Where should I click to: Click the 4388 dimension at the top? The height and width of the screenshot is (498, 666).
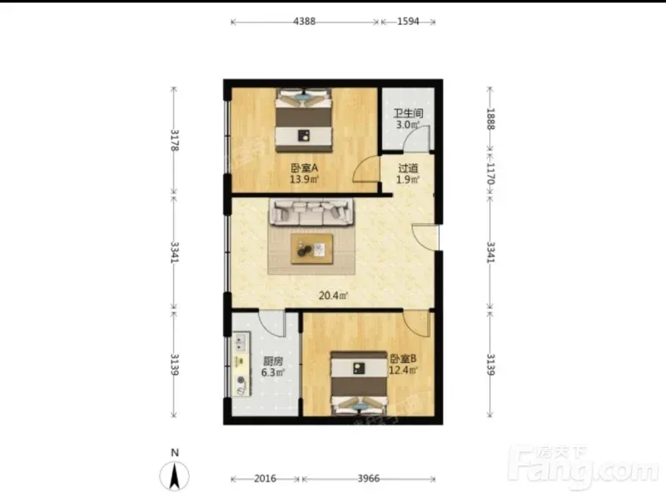click(x=304, y=22)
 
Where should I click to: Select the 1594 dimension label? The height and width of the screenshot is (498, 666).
click(x=408, y=22)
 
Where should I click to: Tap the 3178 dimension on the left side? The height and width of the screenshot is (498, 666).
click(x=174, y=140)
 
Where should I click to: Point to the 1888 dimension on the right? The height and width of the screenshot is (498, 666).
click(x=490, y=119)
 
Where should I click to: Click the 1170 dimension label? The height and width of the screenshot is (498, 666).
click(x=490, y=174)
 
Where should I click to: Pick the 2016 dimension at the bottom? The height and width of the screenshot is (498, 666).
click(x=265, y=479)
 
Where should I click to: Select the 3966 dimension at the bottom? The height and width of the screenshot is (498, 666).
click(x=368, y=479)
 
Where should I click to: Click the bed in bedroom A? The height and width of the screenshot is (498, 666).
click(x=303, y=120)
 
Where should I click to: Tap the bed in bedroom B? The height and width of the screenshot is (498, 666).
click(x=360, y=382)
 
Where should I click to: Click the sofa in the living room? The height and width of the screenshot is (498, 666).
click(x=311, y=212)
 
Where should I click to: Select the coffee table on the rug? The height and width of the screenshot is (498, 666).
click(x=311, y=248)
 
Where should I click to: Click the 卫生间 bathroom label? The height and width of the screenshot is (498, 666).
click(x=408, y=113)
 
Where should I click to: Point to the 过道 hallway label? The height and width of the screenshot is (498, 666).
click(x=408, y=168)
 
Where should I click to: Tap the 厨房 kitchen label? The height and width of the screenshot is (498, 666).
click(x=273, y=361)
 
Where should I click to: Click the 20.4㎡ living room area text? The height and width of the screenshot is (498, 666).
click(x=334, y=296)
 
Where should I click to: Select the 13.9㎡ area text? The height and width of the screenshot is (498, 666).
click(x=304, y=179)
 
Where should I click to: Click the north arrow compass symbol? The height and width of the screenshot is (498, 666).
click(x=174, y=476)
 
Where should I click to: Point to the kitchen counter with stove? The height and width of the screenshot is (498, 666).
click(x=241, y=365)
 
